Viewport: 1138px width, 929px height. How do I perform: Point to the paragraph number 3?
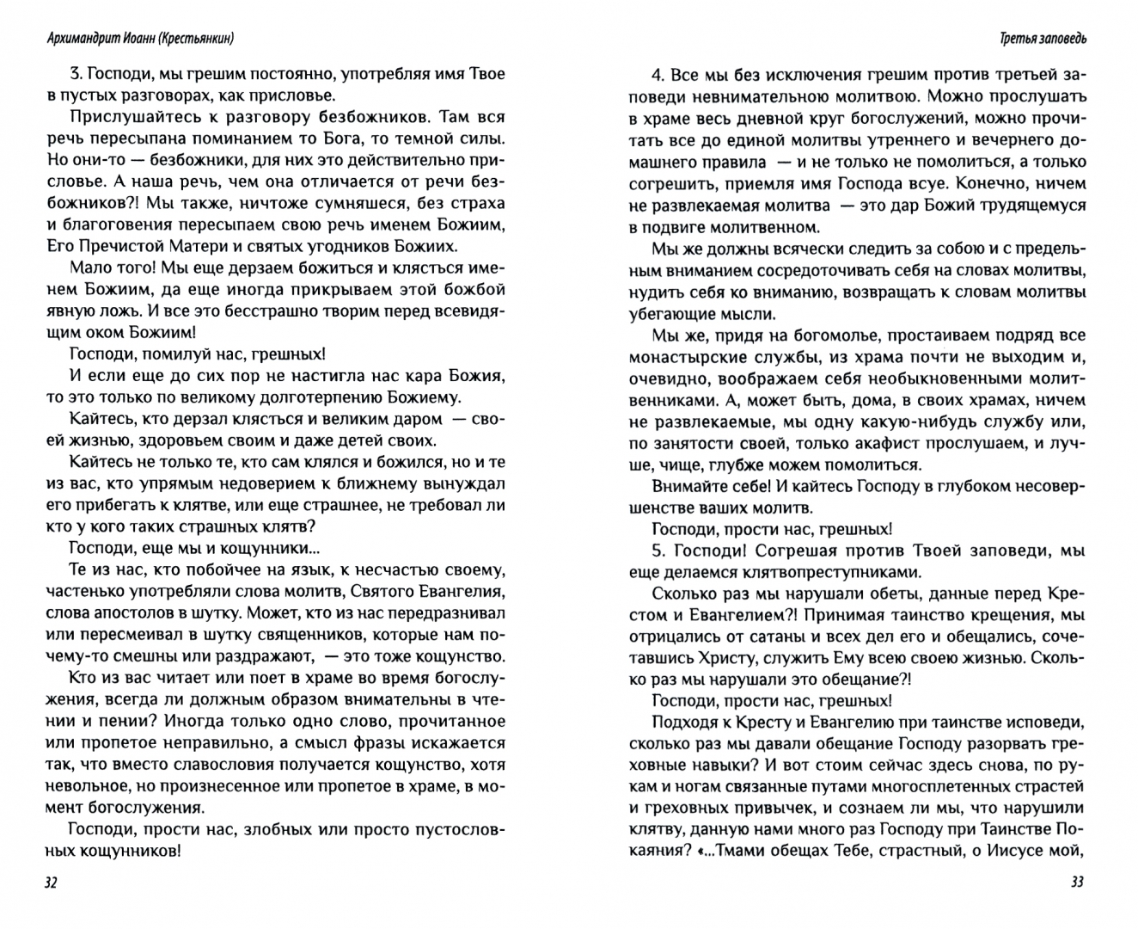coord(73,74)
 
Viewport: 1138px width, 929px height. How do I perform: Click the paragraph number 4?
coord(658,74)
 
